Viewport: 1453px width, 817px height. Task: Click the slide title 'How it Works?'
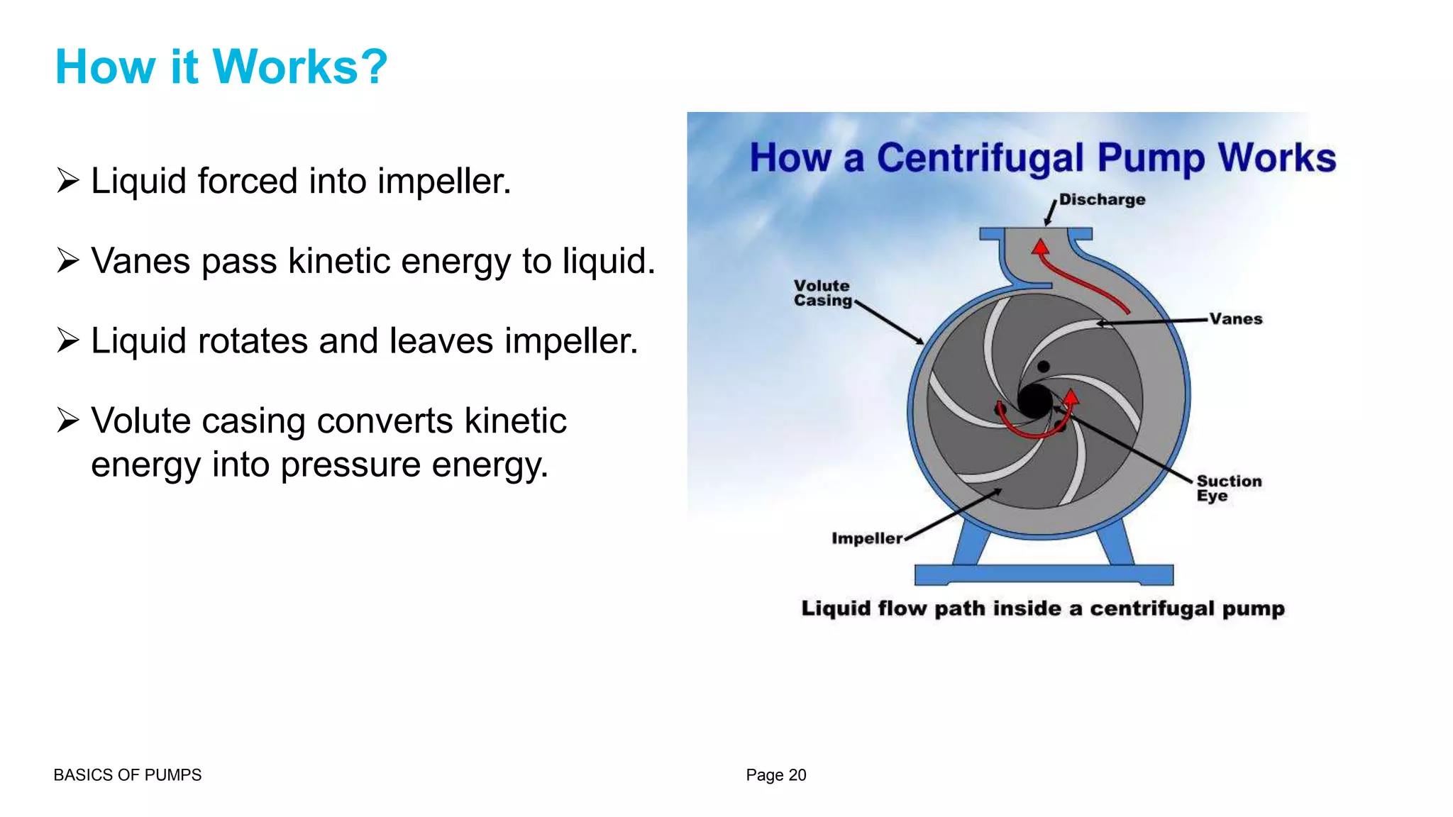pyautogui.click(x=221, y=67)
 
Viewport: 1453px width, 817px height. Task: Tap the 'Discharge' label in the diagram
pyautogui.click(x=1102, y=200)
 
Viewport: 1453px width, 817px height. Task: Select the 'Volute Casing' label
pyautogui.click(x=822, y=293)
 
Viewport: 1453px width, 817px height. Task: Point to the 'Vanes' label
pyautogui.click(x=1236, y=319)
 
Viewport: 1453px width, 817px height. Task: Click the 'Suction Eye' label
pyautogui.click(x=1229, y=488)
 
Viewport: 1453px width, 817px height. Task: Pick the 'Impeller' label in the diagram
pyautogui.click(x=867, y=538)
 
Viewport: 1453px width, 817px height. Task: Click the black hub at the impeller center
pyautogui.click(x=1035, y=401)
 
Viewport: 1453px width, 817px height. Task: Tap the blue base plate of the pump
pyautogui.click(x=1044, y=574)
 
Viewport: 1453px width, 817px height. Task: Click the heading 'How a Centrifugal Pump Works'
pyautogui.click(x=1042, y=157)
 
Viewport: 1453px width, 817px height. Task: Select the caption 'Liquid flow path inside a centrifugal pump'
pyautogui.click(x=1043, y=608)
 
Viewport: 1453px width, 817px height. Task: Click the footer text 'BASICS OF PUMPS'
pyautogui.click(x=128, y=775)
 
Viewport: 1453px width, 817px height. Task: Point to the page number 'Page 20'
pyautogui.click(x=775, y=775)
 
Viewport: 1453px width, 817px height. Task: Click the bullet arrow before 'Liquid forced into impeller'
pyautogui.click(x=68, y=181)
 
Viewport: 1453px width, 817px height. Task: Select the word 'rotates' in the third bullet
pyautogui.click(x=253, y=341)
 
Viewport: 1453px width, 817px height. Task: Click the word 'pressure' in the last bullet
pyautogui.click(x=350, y=465)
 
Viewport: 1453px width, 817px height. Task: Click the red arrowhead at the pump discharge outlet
pyautogui.click(x=1041, y=248)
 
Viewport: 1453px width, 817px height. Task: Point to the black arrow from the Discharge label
pyautogui.click(x=1051, y=213)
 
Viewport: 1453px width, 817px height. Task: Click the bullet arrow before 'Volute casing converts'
pyautogui.click(x=68, y=421)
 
